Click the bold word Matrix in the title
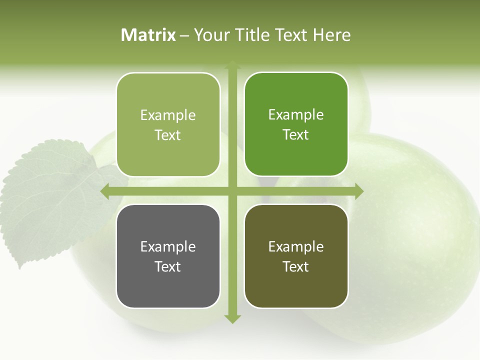pos(148,35)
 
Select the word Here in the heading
pos(331,35)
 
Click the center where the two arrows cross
pos(232,191)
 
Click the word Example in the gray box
pos(168,246)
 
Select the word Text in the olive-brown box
pos(296,266)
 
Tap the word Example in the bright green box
pos(296,114)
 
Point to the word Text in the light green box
pos(168,135)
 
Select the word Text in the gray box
pos(168,266)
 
